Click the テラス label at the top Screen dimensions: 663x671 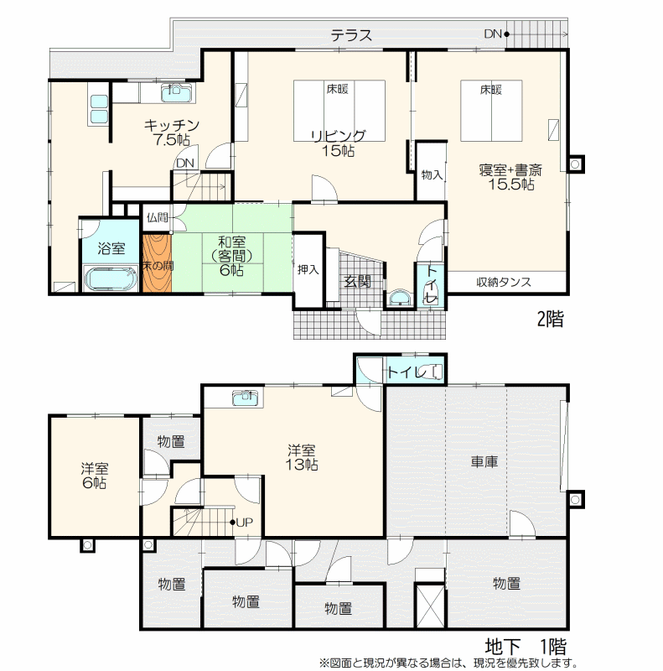pos(351,35)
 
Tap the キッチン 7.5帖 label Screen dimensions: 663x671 pos(172,133)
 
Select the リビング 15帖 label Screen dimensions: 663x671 pos(338,143)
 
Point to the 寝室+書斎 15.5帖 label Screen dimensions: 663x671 pos(510,177)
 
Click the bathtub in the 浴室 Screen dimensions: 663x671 pos(111,279)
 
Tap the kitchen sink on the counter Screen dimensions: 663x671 pos(178,92)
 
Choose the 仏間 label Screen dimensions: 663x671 pos(157,217)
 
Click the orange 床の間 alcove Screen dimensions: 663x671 pos(157,263)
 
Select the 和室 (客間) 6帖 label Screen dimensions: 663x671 pos(231,256)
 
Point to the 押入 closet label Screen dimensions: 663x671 pos(308,269)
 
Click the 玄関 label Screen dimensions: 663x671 pos(358,282)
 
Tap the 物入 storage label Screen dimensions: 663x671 pos(432,174)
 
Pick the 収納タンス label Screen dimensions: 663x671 pos(504,282)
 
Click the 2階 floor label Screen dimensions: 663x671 pos(550,319)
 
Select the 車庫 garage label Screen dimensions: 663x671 pos(484,461)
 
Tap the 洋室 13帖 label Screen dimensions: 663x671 pos(302,457)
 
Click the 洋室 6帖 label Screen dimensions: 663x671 pos(95,476)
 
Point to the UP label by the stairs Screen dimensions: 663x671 pos(244,522)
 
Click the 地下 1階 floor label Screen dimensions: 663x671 pos(526,646)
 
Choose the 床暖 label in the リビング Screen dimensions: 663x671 pos(338,89)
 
